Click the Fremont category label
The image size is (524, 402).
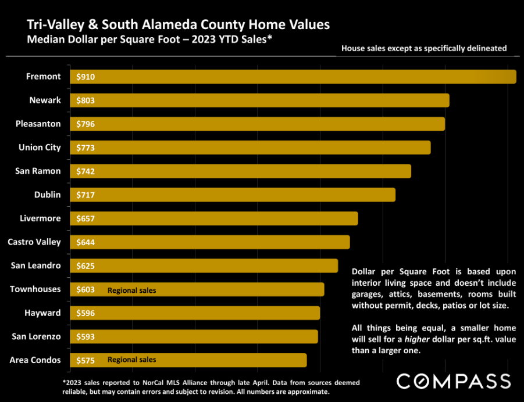coord(44,77)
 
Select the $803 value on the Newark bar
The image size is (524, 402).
coord(85,100)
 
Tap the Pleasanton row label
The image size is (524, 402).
coord(38,124)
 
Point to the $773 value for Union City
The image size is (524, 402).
coord(85,148)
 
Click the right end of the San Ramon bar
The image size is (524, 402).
coord(411,171)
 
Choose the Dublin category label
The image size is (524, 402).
coord(48,195)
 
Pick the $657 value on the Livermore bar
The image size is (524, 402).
coord(85,218)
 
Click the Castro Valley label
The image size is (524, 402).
coord(34,242)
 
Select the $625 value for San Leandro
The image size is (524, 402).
coord(85,266)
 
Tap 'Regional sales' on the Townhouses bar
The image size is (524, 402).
coord(131,290)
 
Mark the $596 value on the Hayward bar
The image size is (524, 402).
coord(85,313)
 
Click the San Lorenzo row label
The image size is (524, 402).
coord(36,336)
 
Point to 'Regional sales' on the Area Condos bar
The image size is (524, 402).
coord(131,360)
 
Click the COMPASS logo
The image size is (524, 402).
coord(454,381)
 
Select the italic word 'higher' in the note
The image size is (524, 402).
coord(417,339)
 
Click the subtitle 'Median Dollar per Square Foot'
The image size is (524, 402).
coord(104,40)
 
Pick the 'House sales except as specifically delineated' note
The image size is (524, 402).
coord(424,48)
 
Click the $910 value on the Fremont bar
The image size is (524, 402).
coord(85,77)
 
